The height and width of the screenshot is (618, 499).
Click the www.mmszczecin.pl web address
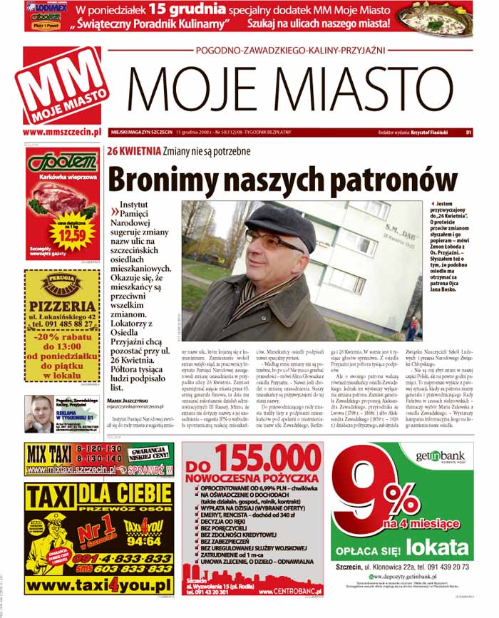tap(62, 132)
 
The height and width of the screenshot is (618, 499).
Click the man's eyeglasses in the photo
tap(269, 242)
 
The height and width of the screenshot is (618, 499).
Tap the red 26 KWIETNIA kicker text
tap(130, 152)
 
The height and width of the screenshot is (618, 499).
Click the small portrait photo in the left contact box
tap(41, 413)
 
